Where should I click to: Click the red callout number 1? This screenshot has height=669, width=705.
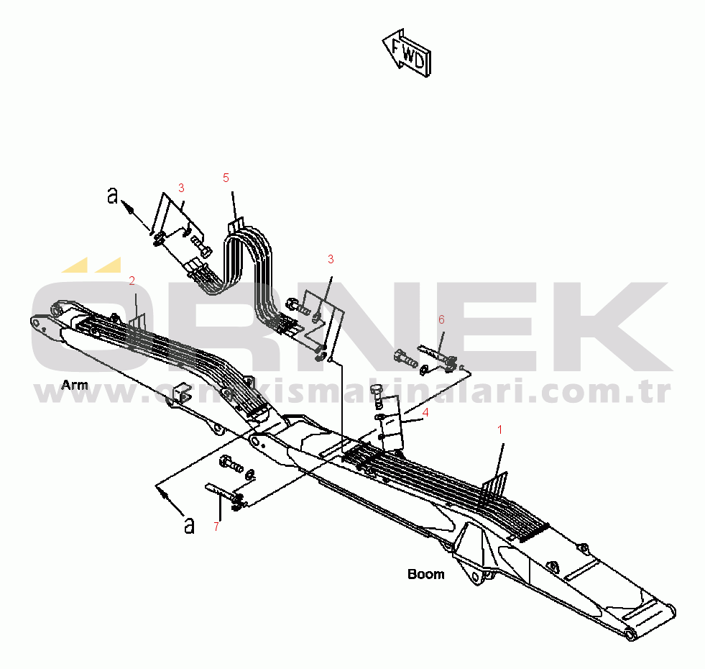(501, 429)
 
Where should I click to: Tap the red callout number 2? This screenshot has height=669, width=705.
(132, 280)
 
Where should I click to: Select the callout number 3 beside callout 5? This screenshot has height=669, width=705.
(181, 188)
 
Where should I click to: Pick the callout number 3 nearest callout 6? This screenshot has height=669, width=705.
(331, 259)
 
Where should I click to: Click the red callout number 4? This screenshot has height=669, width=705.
(425, 413)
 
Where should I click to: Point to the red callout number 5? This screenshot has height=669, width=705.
(226, 177)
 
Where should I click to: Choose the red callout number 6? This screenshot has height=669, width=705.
(441, 319)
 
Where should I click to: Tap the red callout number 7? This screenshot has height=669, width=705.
(216, 527)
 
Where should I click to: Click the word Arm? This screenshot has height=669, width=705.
(75, 385)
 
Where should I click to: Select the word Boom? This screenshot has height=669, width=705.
(426, 574)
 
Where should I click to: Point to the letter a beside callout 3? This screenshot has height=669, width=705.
(112, 195)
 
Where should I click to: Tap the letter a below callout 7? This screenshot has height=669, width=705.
(189, 525)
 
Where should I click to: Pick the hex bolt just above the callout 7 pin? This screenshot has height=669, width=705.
(231, 464)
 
